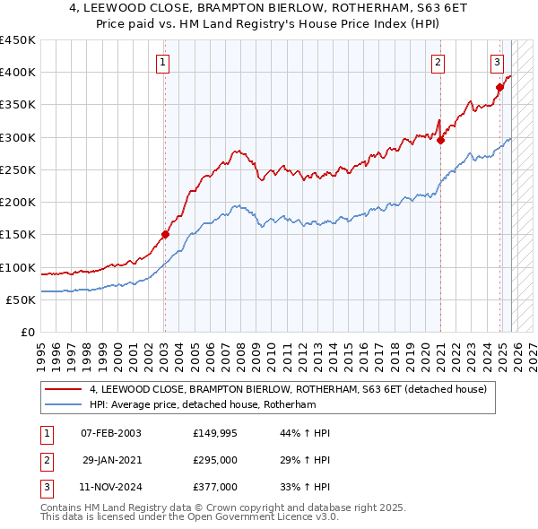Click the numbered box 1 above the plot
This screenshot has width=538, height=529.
click(163, 62)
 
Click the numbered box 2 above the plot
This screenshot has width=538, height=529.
click(438, 62)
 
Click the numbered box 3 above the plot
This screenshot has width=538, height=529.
click(497, 62)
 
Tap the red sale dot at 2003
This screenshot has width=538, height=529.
click(165, 235)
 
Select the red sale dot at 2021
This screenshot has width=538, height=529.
click(441, 140)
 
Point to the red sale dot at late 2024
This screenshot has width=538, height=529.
click(499, 87)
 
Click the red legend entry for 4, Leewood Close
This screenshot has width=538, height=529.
click(287, 389)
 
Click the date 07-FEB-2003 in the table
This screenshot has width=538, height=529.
click(110, 434)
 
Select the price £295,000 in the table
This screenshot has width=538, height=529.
click(214, 461)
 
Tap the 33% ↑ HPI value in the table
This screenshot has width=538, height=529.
click(305, 488)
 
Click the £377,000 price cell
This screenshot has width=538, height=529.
click(214, 488)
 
